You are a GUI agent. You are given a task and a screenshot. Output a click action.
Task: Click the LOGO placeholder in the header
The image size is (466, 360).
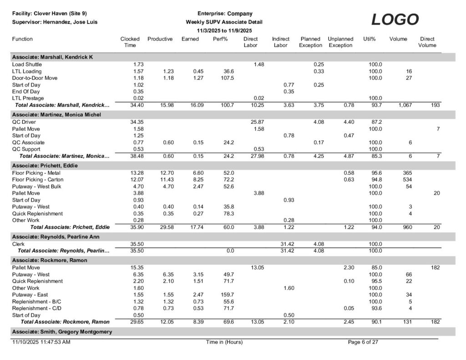[395, 20]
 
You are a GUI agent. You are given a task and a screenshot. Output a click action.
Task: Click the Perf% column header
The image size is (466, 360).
[220, 39]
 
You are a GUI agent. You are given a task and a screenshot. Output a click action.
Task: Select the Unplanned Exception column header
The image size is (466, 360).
[340, 42]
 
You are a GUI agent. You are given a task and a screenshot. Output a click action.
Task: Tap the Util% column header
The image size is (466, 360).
[369, 39]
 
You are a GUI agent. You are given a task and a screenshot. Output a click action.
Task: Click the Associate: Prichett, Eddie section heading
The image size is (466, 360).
[45, 166]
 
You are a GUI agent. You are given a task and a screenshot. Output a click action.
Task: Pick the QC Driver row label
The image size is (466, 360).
[24, 122]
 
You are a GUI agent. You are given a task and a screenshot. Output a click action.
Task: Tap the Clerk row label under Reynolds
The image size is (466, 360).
[18, 244]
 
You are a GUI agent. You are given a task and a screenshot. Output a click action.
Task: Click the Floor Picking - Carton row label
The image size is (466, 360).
[38, 180]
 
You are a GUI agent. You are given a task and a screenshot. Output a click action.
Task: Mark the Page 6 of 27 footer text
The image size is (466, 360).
[363, 342]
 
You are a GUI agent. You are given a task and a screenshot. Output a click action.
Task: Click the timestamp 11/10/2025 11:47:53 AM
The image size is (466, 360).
[41, 342]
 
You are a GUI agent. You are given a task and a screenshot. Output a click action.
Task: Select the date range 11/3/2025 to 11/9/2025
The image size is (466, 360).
[224, 30]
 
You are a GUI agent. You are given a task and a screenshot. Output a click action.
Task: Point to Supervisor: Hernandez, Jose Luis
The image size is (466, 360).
[54, 22]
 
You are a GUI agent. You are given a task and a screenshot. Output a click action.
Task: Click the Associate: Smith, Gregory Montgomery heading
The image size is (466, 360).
[61, 332]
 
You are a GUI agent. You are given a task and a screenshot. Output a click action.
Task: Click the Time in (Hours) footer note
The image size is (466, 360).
[224, 342]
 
